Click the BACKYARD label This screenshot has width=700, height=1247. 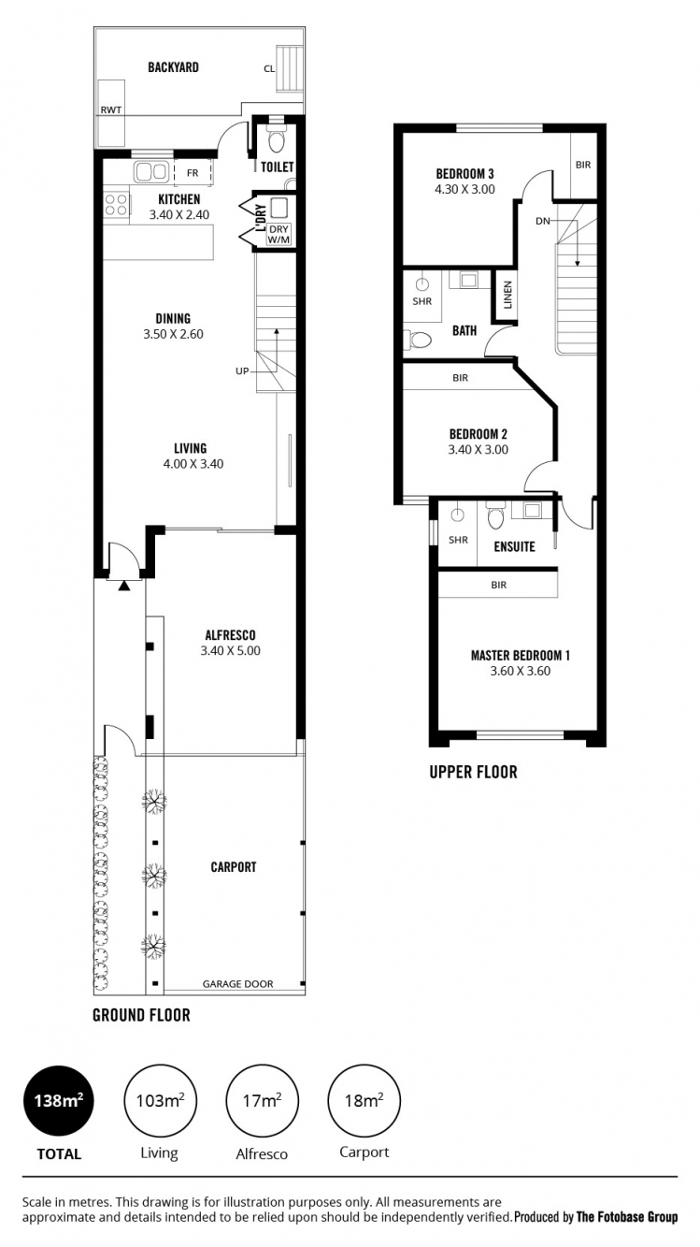click(x=173, y=67)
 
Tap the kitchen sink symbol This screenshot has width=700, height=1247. click(x=150, y=171)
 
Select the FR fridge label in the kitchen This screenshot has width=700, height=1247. click(x=193, y=173)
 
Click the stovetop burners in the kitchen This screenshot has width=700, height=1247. click(x=116, y=204)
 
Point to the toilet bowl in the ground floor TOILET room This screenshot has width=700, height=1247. click(x=276, y=139)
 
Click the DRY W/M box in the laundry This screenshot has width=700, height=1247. click(x=279, y=235)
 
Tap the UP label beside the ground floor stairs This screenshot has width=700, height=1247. click(x=242, y=370)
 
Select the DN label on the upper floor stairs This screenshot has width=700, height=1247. click(x=543, y=221)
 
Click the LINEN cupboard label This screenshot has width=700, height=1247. click(x=507, y=295)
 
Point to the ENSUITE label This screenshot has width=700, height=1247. click(x=514, y=546)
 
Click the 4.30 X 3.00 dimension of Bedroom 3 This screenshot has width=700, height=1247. click(x=464, y=189)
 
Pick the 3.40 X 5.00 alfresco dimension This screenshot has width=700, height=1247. click(x=230, y=651)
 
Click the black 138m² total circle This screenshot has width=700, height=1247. click(x=58, y=1100)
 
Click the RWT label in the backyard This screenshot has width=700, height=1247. click(x=111, y=110)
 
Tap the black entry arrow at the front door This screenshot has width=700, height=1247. click(x=124, y=586)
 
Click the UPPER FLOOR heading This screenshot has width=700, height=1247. click(x=473, y=772)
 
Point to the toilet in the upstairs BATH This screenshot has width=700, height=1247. click(x=417, y=340)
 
